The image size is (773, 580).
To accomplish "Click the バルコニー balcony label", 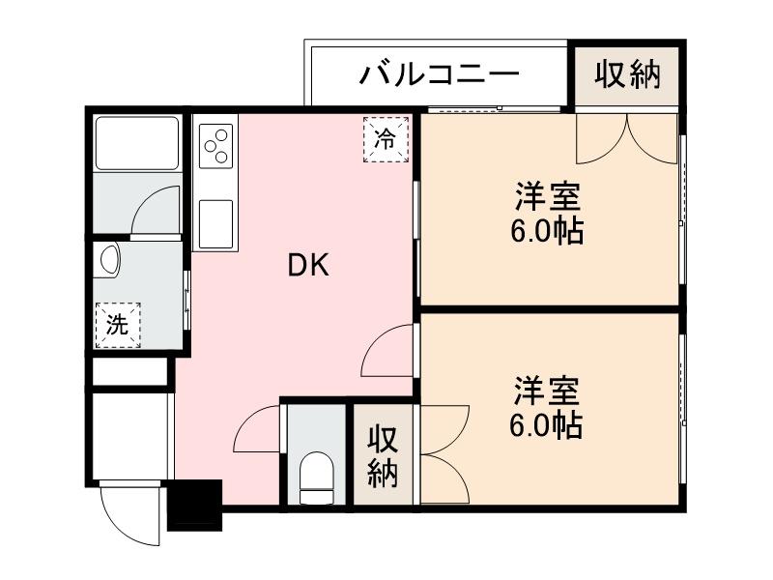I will pyautogui.click(x=441, y=74).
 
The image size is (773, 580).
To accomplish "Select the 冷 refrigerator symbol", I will pyautogui.click(x=386, y=138).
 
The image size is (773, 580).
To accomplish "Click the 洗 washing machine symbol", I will pyautogui.click(x=117, y=325).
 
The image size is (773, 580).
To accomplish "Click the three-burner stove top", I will pyautogui.click(x=215, y=145).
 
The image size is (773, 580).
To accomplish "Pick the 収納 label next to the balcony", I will pyautogui.click(x=627, y=74).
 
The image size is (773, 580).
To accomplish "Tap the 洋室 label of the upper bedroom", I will pyautogui.click(x=547, y=196).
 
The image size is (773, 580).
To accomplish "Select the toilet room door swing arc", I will pyautogui.click(x=257, y=429).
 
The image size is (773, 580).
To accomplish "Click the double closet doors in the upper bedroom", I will pyautogui.click(x=627, y=138).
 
